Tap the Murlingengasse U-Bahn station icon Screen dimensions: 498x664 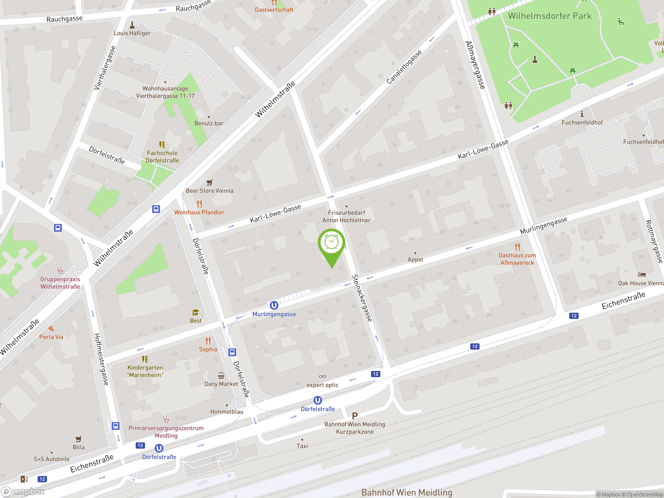click(x=274, y=305)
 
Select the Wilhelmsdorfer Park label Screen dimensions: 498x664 click(x=549, y=16)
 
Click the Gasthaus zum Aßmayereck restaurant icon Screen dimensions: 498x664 click(x=517, y=247)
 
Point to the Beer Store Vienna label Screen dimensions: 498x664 click(x=210, y=191)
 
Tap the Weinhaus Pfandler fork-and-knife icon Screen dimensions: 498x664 click(x=199, y=204)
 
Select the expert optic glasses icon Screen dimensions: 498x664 click(x=322, y=376)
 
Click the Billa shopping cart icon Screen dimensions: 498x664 click(x=78, y=439)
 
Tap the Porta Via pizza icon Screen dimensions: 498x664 click(x=51, y=329)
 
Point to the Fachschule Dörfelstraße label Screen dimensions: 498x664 click(x=162, y=157)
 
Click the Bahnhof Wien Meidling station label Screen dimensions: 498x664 click(x=407, y=492)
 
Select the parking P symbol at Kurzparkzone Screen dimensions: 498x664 click(x=355, y=416)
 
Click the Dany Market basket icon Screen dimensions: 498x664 click(x=221, y=376)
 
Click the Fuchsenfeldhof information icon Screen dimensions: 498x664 click(x=582, y=114)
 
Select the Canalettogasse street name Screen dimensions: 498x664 click(x=404, y=67)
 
